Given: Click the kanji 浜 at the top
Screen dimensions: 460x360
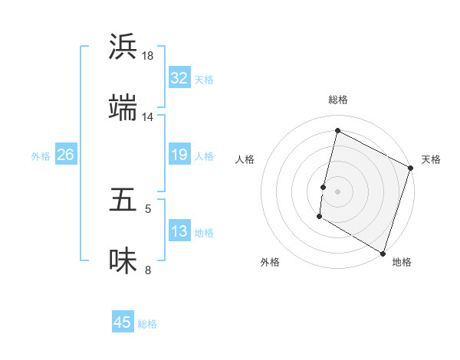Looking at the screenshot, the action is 123,47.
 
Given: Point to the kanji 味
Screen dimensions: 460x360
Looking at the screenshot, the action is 123,261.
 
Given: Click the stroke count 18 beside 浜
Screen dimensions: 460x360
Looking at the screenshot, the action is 148,55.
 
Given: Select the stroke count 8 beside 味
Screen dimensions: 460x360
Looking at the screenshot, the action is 148,270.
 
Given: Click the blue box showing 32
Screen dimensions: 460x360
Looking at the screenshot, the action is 179,78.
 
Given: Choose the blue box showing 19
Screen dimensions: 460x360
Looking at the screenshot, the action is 179,155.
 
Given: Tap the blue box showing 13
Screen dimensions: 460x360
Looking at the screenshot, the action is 179,231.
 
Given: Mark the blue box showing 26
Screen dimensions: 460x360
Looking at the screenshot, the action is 65,155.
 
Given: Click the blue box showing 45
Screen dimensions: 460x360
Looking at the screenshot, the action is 123,322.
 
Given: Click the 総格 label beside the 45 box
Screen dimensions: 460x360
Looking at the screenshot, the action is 147,324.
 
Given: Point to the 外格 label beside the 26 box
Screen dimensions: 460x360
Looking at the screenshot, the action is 41,156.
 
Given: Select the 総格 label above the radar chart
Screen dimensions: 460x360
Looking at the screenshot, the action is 337,100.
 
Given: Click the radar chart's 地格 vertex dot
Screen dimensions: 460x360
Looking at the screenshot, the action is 383,252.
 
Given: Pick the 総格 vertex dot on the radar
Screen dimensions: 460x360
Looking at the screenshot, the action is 337,131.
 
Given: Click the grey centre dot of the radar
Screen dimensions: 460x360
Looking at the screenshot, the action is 337,191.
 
